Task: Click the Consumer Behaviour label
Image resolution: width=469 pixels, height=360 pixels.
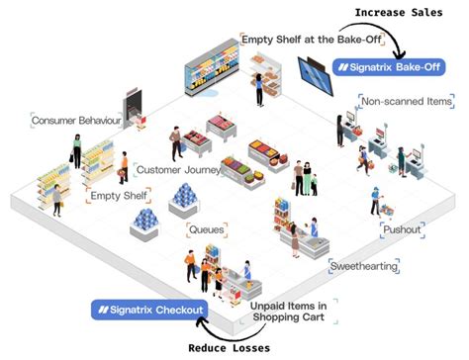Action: tap(76, 121)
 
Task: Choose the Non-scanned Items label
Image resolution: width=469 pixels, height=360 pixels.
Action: tap(407, 101)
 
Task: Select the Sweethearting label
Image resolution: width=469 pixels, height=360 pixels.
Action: tap(364, 267)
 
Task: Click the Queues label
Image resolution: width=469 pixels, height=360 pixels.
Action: tap(206, 229)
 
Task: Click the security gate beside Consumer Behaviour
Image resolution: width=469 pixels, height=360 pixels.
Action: tap(132, 105)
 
